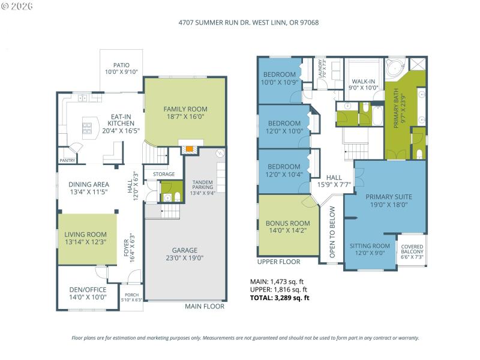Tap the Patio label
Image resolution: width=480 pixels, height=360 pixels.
121,65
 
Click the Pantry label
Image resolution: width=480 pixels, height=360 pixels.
67,160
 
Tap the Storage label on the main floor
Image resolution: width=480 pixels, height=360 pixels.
163,174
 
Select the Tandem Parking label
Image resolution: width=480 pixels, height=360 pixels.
203,184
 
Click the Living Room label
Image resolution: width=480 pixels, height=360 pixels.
86,235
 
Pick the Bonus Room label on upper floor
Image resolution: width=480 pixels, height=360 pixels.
288,223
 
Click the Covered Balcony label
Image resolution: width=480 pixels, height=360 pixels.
412,247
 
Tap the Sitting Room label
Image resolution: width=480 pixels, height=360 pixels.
369,246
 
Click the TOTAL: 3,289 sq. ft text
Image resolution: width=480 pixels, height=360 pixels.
280,298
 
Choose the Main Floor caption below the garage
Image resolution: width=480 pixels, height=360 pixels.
205,306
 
